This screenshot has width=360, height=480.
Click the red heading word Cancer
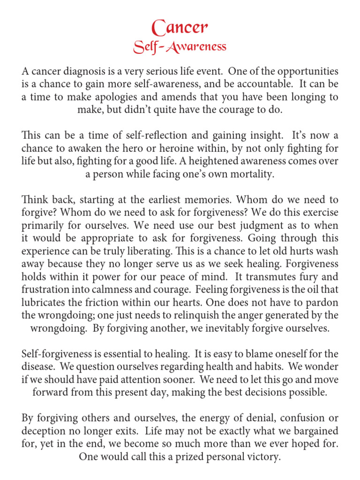[180, 28]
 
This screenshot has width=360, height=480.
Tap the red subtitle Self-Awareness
[180, 46]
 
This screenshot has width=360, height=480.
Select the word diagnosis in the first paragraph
[86, 72]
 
